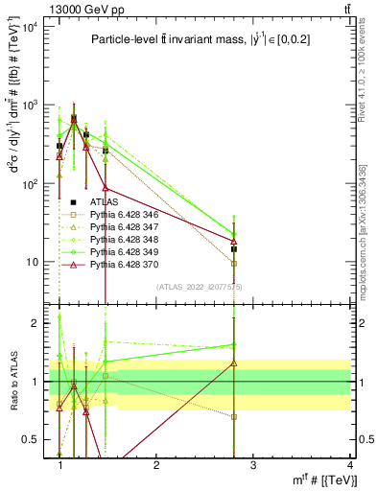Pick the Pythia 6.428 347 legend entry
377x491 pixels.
pos(119,227)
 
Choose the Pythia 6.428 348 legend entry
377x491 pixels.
pos(119,239)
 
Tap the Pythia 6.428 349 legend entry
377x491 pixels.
pos(119,251)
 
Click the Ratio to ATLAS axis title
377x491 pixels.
pos(12,381)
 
